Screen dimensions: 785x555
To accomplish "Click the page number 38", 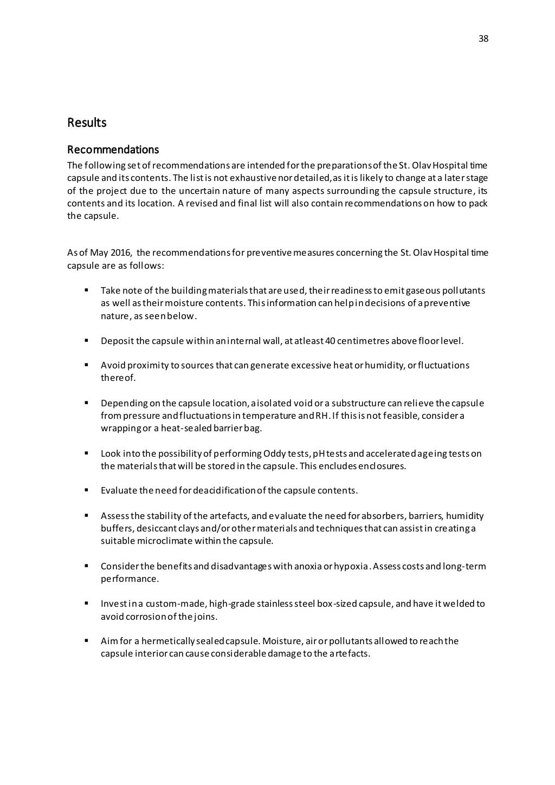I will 483,38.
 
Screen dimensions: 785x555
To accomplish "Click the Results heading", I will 87,122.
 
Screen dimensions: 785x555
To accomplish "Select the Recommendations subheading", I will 113,149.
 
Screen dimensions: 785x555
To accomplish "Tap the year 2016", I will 118,253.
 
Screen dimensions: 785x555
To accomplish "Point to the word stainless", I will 274,604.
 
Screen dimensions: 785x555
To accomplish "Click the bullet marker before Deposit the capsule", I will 86,341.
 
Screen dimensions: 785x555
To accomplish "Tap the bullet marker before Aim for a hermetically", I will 86,641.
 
